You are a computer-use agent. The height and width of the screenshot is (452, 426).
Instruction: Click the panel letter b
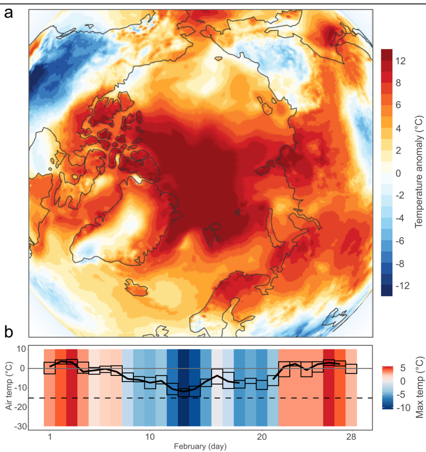click(9, 331)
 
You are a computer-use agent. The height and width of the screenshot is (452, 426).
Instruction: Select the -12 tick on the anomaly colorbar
click(401, 286)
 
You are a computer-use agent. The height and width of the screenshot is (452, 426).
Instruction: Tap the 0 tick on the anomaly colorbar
click(399, 174)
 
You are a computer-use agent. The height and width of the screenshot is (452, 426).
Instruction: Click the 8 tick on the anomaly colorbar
click(399, 84)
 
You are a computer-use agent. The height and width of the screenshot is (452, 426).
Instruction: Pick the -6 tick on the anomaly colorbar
click(401, 241)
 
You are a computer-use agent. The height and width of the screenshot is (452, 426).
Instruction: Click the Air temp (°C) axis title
click(9, 386)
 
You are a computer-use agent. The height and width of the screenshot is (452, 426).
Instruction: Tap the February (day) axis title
click(200, 445)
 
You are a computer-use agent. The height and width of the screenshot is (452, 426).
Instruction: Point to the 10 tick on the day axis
click(150, 435)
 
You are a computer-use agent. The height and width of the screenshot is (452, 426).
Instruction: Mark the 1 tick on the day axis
click(50, 435)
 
